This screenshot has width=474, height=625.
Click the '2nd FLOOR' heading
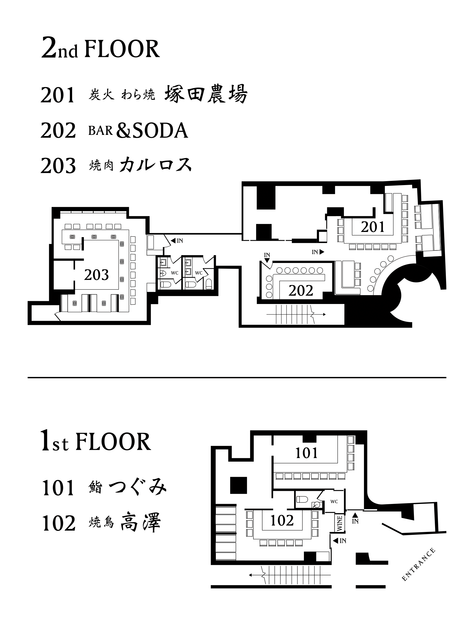[x=101, y=49]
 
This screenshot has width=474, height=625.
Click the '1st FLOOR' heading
[x=96, y=441]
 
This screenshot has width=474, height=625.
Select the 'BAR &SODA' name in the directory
[x=138, y=130]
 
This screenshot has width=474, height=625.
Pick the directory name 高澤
[x=141, y=523]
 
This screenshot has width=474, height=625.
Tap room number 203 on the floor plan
[x=96, y=275]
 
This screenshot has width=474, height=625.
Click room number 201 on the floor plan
[x=373, y=227]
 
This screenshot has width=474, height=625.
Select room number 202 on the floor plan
[x=301, y=291]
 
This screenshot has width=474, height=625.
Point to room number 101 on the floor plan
[x=307, y=453]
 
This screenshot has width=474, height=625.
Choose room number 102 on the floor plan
[x=282, y=520]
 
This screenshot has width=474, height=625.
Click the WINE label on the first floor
[x=339, y=523]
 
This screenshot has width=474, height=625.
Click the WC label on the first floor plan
[x=334, y=502]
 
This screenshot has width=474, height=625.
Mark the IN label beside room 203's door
[x=180, y=241]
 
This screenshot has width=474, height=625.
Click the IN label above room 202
[x=267, y=255]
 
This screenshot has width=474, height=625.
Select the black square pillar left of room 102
[x=238, y=485]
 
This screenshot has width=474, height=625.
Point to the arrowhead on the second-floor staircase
[x=324, y=314]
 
